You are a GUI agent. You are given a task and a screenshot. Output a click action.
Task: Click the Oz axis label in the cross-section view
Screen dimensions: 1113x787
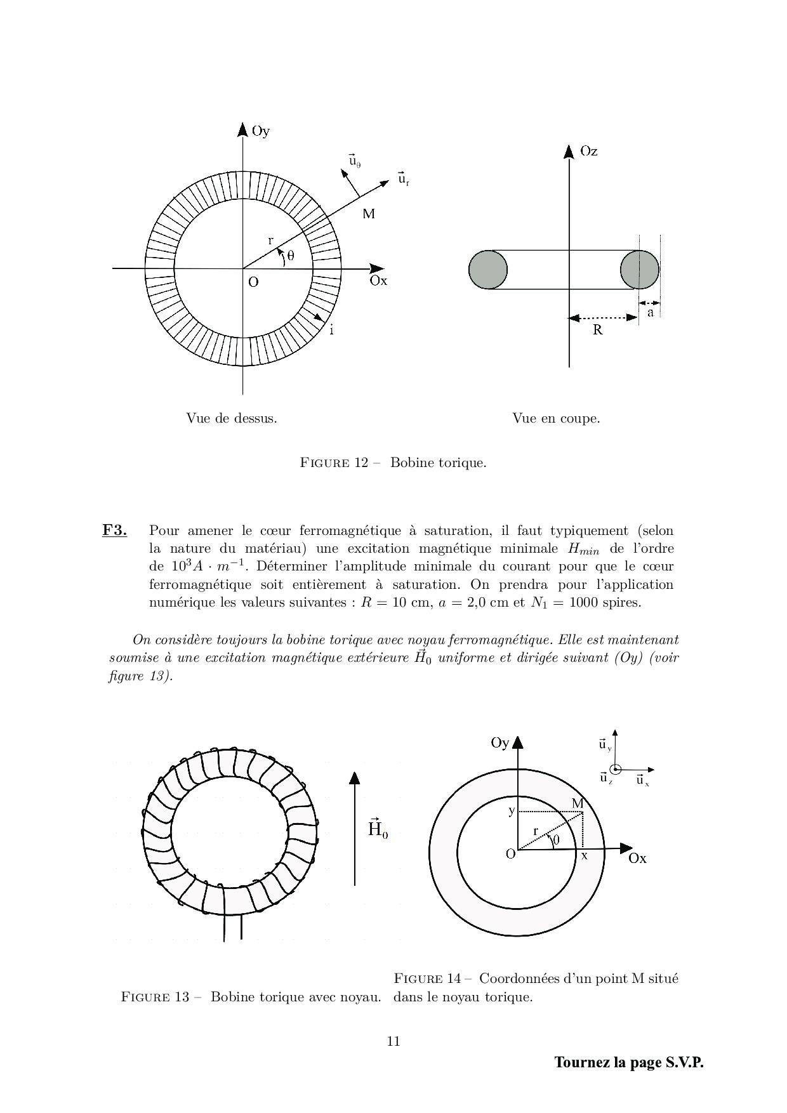click(588, 152)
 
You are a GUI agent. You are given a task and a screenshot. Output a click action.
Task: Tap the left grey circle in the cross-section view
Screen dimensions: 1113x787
click(488, 270)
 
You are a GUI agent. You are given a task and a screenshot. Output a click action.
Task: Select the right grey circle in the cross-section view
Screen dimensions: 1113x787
click(639, 270)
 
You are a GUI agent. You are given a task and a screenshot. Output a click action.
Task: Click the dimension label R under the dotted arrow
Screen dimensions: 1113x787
click(597, 330)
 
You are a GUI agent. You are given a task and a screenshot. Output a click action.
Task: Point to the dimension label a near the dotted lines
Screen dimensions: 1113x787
click(650, 313)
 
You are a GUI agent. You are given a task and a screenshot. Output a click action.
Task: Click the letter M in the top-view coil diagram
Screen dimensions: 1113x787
click(369, 214)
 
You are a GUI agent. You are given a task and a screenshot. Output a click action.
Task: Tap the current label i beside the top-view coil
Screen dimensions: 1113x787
click(331, 330)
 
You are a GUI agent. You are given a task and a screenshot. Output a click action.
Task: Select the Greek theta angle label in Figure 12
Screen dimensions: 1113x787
click(291, 256)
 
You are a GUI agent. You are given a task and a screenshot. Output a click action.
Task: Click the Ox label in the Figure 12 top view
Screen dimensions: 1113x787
click(378, 281)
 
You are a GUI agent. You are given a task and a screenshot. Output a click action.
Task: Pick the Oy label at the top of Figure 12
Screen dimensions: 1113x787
click(260, 132)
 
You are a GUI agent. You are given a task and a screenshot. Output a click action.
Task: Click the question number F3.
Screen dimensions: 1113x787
click(114, 530)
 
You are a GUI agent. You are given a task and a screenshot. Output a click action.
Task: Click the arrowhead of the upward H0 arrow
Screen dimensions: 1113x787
click(354, 778)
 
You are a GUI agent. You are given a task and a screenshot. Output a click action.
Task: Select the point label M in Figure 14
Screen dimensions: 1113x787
click(578, 804)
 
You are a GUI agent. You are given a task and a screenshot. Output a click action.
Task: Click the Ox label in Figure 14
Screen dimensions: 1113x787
click(637, 859)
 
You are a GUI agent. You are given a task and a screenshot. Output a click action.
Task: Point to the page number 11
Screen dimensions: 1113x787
click(393, 1041)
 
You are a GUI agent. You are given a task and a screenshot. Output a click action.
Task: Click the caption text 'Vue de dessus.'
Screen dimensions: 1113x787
click(231, 419)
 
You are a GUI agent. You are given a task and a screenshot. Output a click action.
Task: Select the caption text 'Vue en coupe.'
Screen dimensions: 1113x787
click(556, 419)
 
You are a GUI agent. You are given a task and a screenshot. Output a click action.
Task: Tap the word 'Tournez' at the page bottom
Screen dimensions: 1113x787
click(582, 1062)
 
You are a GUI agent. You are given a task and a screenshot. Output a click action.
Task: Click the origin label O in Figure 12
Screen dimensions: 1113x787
click(253, 282)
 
